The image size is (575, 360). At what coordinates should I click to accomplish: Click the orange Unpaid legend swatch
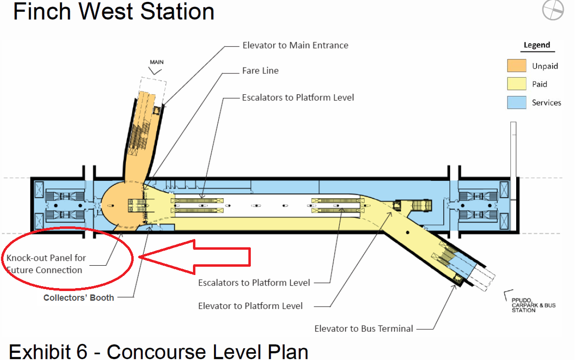tap(517, 66)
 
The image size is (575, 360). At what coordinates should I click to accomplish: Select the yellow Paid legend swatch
tap(517, 84)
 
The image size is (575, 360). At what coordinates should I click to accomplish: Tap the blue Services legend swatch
tap(517, 103)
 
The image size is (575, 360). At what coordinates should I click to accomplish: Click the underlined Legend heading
tap(537, 45)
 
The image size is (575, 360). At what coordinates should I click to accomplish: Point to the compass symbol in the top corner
tap(553, 10)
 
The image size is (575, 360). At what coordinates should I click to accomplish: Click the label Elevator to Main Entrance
tap(295, 45)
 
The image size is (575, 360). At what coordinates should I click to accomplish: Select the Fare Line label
tap(260, 70)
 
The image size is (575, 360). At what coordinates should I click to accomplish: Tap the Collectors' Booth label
tap(79, 297)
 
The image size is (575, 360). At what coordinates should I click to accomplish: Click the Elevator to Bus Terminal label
tap(364, 328)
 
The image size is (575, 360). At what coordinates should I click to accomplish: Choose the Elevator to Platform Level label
tap(250, 306)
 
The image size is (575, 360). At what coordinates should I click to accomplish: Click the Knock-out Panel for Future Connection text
tap(46, 264)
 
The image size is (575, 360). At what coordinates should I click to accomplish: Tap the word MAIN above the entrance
tap(157, 62)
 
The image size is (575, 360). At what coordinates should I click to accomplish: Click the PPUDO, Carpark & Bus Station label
tap(533, 305)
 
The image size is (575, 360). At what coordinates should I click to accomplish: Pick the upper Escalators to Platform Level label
tap(298, 98)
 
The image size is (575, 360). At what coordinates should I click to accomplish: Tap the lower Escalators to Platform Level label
tap(254, 282)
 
